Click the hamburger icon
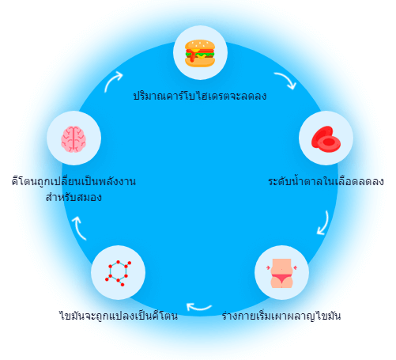[x=200, y=53]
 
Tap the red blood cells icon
[x=326, y=139]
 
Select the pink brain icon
[x=74, y=139]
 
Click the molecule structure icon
[x=118, y=273]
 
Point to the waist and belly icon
[x=281, y=273]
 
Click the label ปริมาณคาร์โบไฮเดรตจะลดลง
[x=200, y=96]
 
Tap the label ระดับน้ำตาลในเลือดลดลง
[x=326, y=181]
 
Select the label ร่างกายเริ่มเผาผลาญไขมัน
[x=281, y=316]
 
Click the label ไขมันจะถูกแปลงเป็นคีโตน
[x=119, y=316]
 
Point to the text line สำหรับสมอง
[x=74, y=197]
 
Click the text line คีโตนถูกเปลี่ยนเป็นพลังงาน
[x=74, y=181]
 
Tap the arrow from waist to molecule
[x=198, y=308]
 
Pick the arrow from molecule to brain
[x=78, y=227]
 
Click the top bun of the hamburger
[x=200, y=44]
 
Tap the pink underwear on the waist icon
[x=281, y=278]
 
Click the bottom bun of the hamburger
[x=200, y=63]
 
